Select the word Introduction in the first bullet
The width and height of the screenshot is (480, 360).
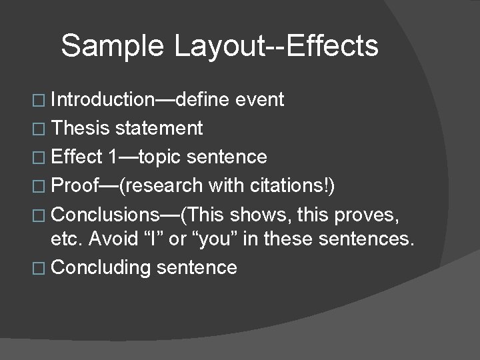coord(102,100)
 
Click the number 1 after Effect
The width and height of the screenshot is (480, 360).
coord(113,157)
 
